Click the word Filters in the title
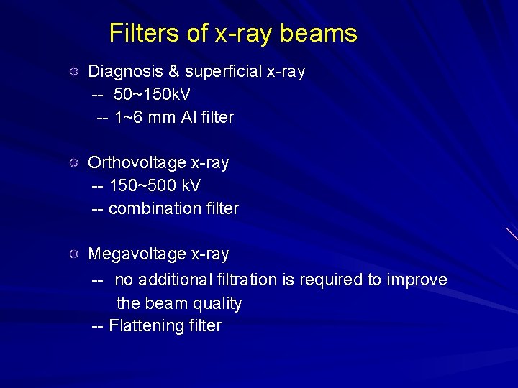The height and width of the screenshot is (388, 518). [x=142, y=34]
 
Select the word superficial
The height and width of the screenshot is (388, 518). [x=220, y=72]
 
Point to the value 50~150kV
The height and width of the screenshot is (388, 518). [x=152, y=94]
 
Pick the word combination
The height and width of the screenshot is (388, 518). [x=152, y=208]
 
